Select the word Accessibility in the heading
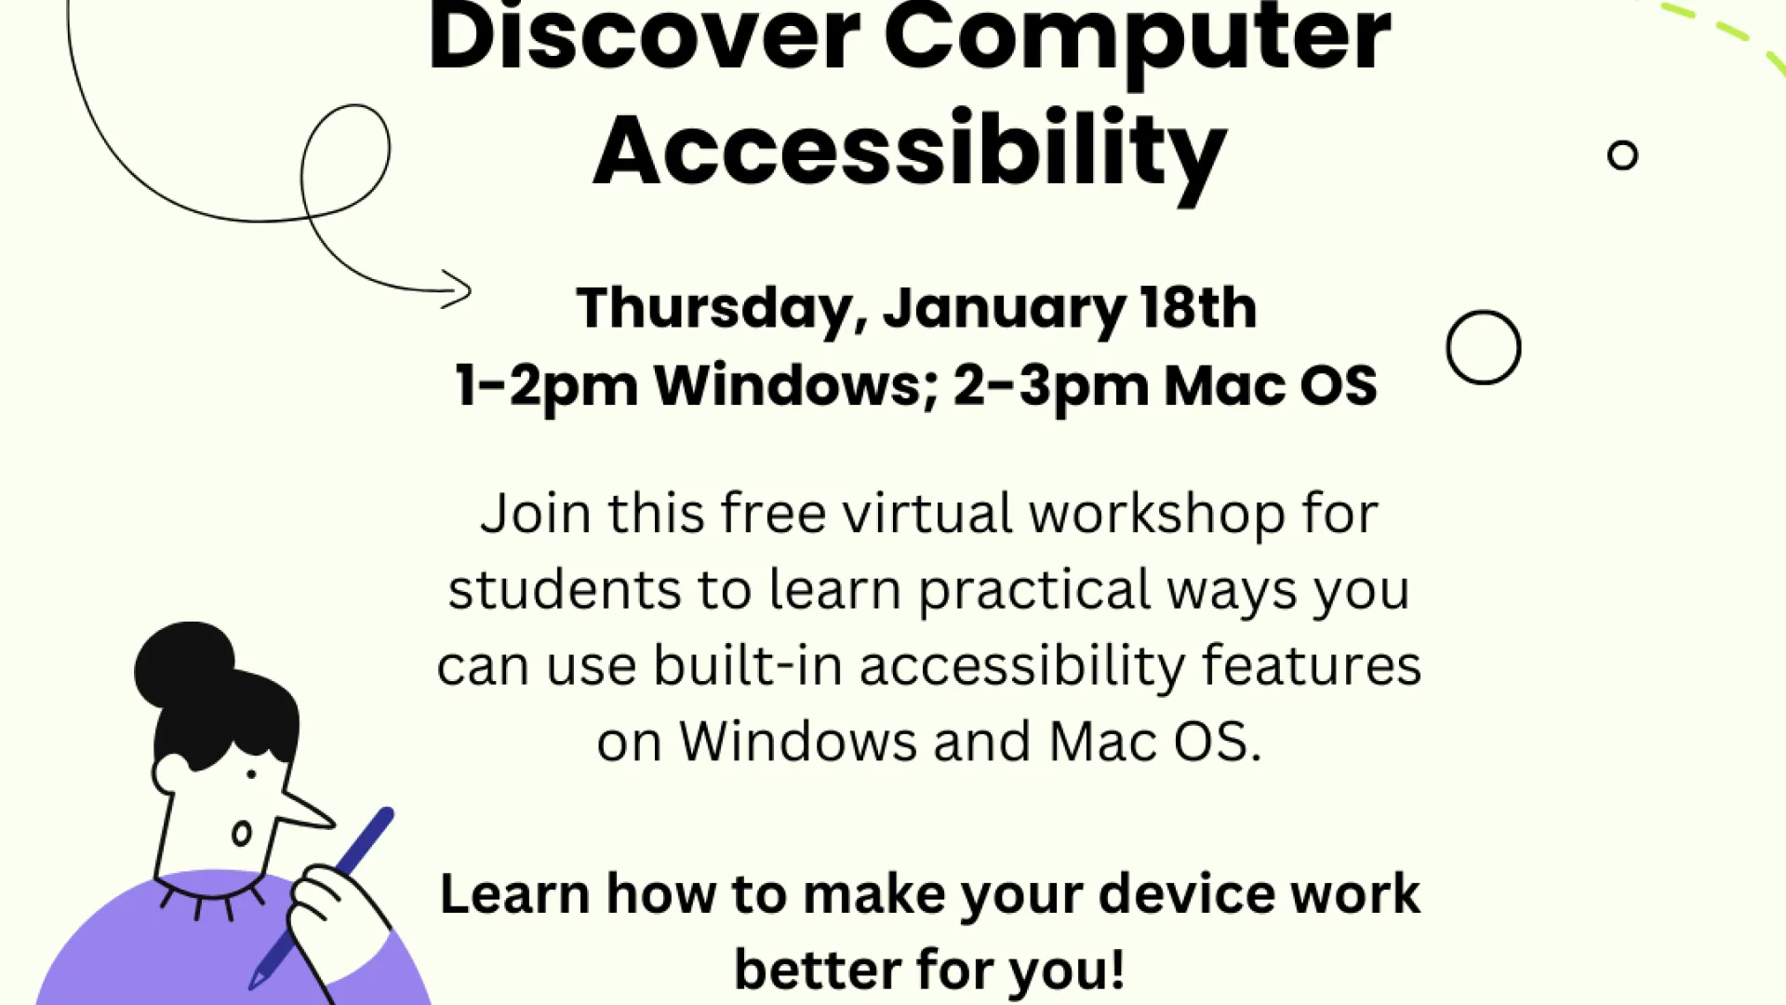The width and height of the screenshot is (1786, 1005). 910,154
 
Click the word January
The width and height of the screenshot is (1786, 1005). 1004,309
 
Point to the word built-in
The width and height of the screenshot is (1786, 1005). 748,665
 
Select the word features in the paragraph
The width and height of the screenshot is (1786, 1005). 1312,665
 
